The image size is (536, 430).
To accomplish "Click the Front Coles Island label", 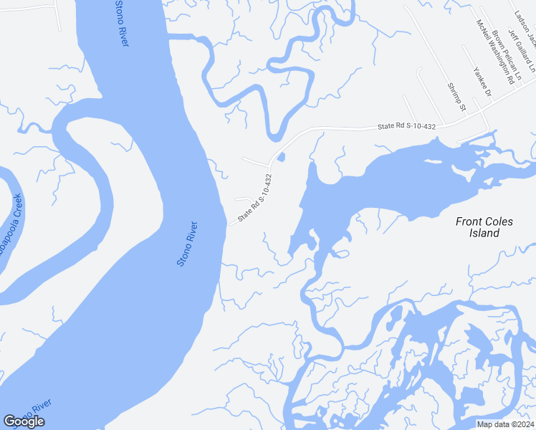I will pos(484,227).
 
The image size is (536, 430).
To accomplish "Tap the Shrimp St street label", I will pos(456,96).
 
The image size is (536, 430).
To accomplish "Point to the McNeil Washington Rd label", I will pos(495,52).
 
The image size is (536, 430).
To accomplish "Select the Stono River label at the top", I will pos(122,24).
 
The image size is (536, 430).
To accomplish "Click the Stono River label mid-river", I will pos(188,244).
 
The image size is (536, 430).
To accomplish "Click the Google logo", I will pos(24,421).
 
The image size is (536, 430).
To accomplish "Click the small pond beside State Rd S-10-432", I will pos(280,157).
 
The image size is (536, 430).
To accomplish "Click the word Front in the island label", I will pos(470,221).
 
